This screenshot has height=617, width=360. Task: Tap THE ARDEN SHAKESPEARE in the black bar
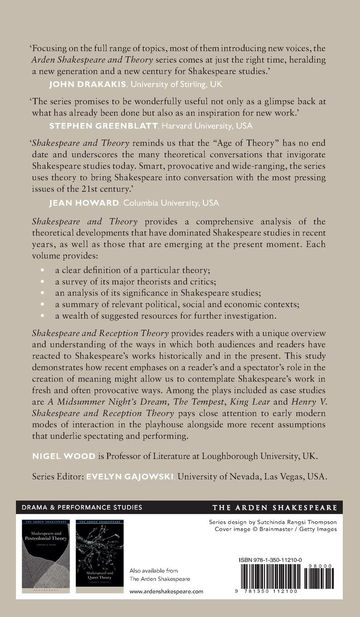[x=275, y=507]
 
